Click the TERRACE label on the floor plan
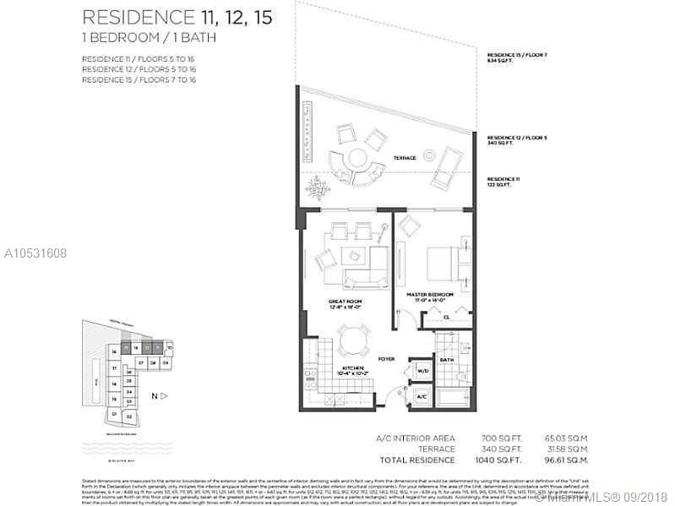pos(406,158)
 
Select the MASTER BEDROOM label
pos(430,294)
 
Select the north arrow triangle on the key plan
pos(165,395)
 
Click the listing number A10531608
pos(36,252)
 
